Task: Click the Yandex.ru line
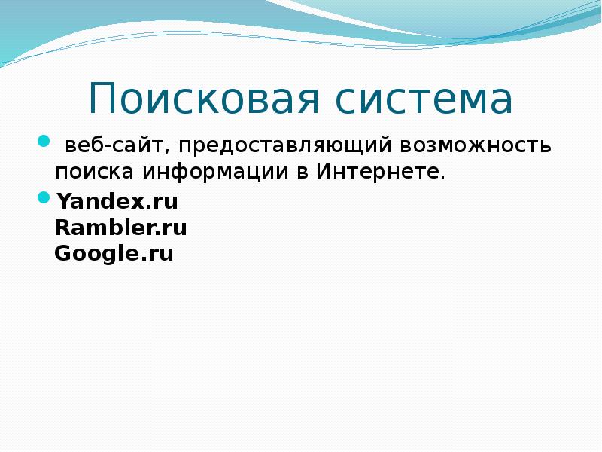click(x=117, y=202)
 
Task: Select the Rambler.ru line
click(x=121, y=228)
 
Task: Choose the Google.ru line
click(x=114, y=253)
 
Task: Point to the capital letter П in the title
click(x=102, y=99)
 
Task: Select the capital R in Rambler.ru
click(x=62, y=228)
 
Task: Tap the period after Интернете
click(x=443, y=177)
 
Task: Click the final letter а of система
click(x=500, y=102)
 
